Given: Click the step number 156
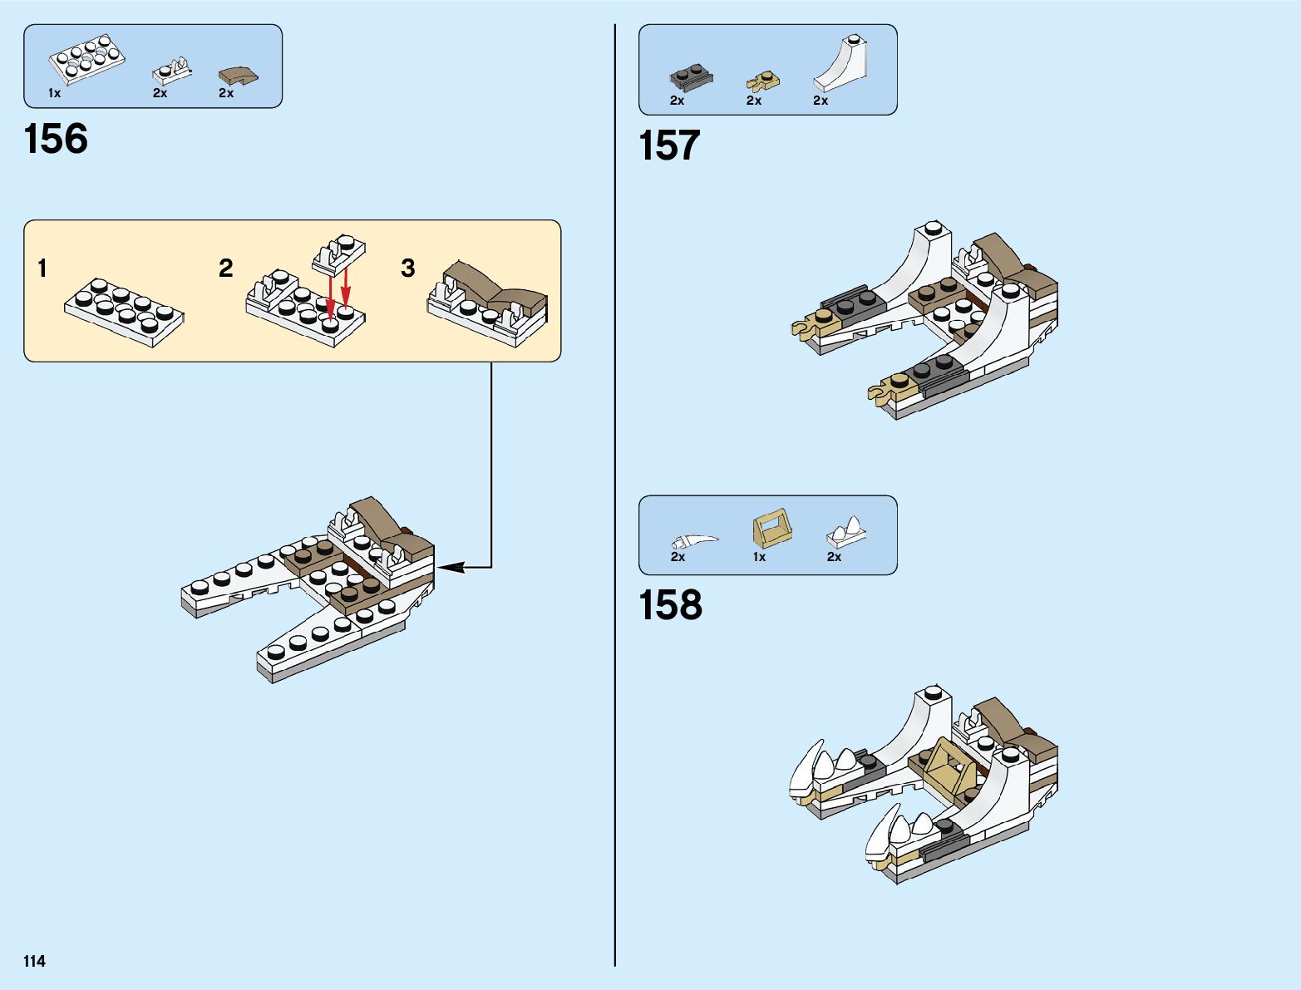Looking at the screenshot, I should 56,139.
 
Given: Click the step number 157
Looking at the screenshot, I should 669,145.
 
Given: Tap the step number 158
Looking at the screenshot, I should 670,605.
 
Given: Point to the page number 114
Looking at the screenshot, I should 35,961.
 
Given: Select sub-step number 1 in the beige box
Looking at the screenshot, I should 42,268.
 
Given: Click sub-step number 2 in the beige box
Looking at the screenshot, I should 225,268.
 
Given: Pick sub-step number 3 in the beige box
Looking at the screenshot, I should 407,268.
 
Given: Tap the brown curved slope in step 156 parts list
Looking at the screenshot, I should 238,76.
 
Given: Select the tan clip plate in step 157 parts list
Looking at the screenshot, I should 762,81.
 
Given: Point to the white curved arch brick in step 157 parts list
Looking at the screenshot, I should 841,65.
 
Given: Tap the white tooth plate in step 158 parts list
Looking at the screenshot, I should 846,532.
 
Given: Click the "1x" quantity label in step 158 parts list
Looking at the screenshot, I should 759,557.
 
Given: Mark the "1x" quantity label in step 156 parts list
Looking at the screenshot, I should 54,93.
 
